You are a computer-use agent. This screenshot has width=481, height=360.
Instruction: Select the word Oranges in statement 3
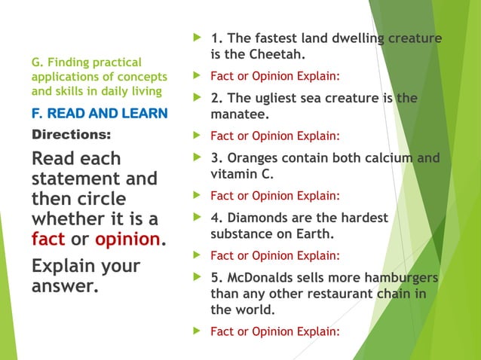pos(253,158)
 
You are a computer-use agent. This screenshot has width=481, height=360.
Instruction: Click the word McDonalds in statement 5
pos(262,278)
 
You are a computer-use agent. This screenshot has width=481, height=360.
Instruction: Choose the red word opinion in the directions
pos(127,239)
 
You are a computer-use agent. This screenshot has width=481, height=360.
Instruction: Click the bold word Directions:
pos(71,136)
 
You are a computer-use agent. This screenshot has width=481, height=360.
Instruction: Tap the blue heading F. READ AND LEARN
pos(100,114)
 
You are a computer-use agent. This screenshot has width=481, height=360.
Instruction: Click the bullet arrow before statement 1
pos(198,38)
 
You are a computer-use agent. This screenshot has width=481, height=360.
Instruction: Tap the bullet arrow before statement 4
pos(198,218)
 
